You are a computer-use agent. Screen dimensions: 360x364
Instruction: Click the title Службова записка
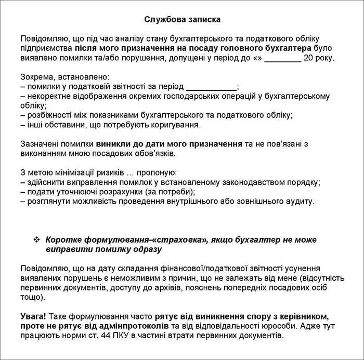pos(182,20)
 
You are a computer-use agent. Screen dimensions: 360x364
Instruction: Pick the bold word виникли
pos(112,144)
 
